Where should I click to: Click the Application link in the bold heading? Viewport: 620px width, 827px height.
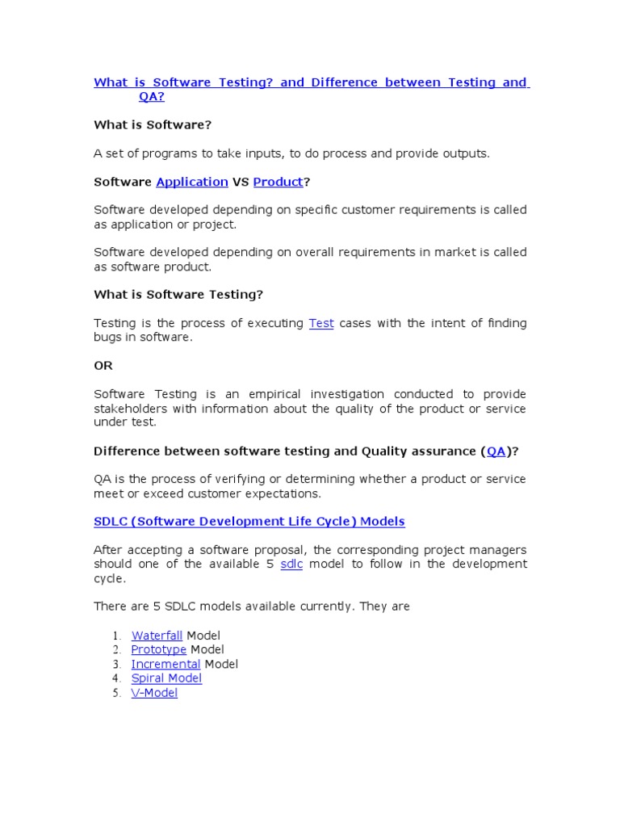tap(192, 183)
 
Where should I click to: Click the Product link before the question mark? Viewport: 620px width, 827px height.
tap(278, 183)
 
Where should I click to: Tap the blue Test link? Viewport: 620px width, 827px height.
tap(321, 323)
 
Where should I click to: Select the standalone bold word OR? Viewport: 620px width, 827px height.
tap(103, 366)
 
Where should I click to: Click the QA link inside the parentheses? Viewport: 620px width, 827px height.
tap(496, 451)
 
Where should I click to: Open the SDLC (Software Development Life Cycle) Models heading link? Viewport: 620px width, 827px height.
tap(249, 521)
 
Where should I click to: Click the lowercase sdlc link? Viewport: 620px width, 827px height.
tap(291, 564)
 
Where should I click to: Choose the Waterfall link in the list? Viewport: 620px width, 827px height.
tap(157, 636)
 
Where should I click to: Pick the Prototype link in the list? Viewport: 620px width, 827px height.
tap(159, 649)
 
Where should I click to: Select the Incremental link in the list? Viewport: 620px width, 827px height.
tap(166, 664)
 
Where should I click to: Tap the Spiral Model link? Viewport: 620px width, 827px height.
tap(166, 678)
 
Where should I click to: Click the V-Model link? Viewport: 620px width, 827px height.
tap(154, 693)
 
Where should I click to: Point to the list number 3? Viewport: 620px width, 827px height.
tap(116, 665)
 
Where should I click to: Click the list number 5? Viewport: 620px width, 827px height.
tap(116, 694)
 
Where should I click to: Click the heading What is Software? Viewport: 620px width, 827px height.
tap(153, 124)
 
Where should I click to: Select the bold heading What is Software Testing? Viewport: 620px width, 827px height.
tap(178, 295)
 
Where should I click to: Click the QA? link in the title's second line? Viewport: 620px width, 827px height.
tap(151, 97)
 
